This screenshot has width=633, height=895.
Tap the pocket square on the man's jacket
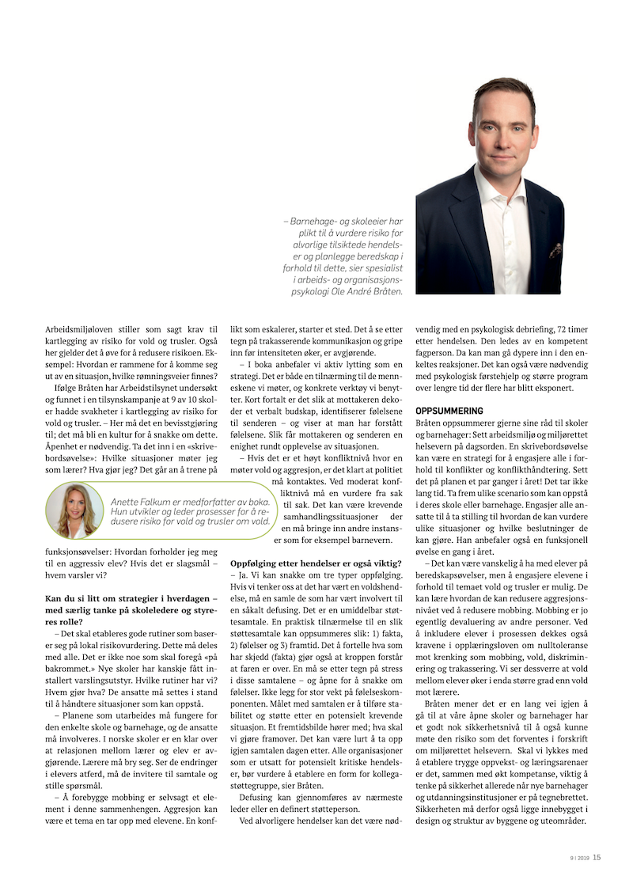coord(555,252)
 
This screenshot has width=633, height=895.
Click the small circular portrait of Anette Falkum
coord(74,511)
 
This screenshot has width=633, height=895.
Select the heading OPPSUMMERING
coord(449,411)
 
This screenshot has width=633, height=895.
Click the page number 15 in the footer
coord(597,856)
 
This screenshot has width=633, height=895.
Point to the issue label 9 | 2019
coord(579,857)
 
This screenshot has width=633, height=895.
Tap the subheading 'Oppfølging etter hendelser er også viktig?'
coord(315,563)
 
